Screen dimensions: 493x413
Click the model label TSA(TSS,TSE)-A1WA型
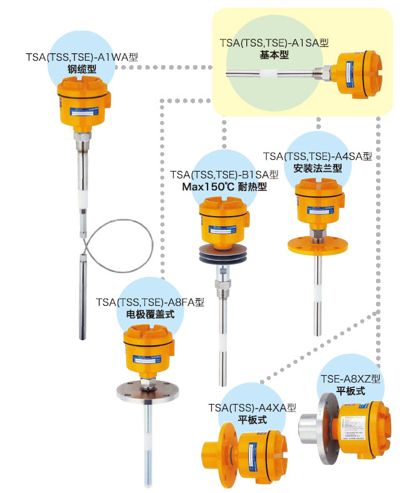point(81,57)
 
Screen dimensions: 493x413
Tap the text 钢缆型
point(81,69)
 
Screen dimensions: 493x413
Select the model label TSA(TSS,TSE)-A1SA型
point(274,43)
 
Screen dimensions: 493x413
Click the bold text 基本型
point(274,55)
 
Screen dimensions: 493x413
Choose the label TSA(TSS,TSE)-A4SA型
point(318,155)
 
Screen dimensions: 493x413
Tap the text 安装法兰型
point(318,168)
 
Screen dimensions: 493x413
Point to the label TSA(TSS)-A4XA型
point(252,408)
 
